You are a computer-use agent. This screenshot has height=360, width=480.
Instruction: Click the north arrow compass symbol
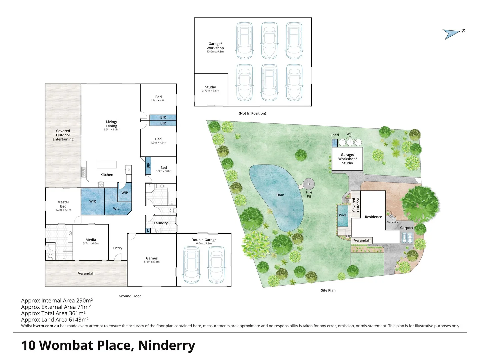point(452,33)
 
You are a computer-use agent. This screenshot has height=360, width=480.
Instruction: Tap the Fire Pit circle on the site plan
point(309,184)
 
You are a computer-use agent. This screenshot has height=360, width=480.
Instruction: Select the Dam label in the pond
point(280,195)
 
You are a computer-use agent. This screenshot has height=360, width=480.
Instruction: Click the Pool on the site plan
point(343,215)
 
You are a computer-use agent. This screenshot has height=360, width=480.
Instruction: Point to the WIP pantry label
point(125,193)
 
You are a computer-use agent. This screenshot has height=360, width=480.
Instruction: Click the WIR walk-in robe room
point(93,201)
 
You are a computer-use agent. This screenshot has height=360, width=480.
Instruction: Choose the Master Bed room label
point(63,204)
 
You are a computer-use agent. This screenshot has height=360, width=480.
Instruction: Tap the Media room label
point(91,240)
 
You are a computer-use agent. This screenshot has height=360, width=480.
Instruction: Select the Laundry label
point(161,223)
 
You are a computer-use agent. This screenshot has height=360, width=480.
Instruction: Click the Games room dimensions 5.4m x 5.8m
point(152,262)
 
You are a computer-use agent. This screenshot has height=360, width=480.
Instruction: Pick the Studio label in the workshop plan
point(211,87)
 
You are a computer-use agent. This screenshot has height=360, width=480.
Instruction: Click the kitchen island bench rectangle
point(107,164)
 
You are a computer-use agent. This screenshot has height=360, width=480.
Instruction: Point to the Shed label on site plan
point(334,135)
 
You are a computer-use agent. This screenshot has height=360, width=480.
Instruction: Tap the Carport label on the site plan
point(406,228)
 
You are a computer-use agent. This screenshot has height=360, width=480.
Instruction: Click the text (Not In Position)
point(252,113)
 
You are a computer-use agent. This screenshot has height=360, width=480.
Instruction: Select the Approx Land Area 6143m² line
point(55,319)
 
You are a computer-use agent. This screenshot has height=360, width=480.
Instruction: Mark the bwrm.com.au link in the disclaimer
point(46,326)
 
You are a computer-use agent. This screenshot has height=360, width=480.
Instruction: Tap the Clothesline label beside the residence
point(392,222)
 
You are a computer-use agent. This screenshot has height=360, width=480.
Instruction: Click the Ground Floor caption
point(130,296)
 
